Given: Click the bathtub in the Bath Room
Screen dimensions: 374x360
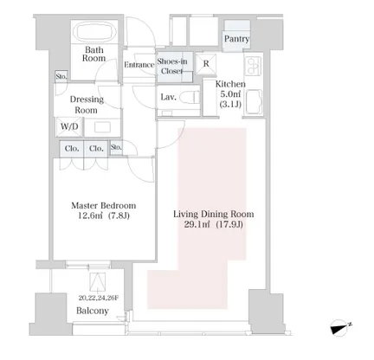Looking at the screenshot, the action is coord(94,32).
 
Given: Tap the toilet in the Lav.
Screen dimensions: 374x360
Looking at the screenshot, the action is coord(190,97).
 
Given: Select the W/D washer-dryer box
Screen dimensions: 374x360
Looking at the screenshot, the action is coord(69,126).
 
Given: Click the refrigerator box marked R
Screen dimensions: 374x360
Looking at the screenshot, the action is coord(206,63).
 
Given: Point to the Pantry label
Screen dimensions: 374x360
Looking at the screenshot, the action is coord(237,39).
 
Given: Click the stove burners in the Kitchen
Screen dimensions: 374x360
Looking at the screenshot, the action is coord(254,67).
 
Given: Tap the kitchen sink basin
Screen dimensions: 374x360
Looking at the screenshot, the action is coord(254,101).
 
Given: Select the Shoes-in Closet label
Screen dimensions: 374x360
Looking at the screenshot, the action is coord(172,66).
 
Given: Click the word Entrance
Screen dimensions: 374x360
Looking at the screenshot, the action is coord(139,65).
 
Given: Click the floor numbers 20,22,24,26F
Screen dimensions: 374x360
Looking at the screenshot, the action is coord(98,298).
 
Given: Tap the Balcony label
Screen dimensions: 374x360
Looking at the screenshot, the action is coord(93,311).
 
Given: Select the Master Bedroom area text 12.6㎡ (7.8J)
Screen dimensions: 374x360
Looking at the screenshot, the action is coord(104,215).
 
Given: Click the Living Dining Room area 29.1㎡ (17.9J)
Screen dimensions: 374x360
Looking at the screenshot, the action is coord(214,224).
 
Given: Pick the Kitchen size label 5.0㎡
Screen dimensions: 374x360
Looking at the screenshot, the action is coord(230,94).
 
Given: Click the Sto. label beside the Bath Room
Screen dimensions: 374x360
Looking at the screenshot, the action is coord(61,76).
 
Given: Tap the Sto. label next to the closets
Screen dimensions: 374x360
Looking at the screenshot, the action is coord(116,147).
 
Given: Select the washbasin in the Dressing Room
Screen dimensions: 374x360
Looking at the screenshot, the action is coord(102,127).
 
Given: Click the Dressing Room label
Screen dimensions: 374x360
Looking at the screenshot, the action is coord(87,105).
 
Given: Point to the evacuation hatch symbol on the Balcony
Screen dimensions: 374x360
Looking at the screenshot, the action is coord(97,282).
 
